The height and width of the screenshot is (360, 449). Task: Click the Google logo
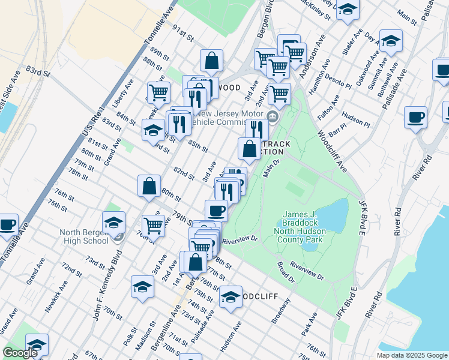pos(20,353)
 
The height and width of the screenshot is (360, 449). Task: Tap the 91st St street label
pos(183,34)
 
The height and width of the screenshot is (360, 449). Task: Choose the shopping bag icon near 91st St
pos(211,61)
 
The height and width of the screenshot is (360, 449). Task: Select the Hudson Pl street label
pos(355,119)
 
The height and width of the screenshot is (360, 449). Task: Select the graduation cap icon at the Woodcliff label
pos(231,297)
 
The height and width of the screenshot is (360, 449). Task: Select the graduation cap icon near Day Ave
pos(391,41)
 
